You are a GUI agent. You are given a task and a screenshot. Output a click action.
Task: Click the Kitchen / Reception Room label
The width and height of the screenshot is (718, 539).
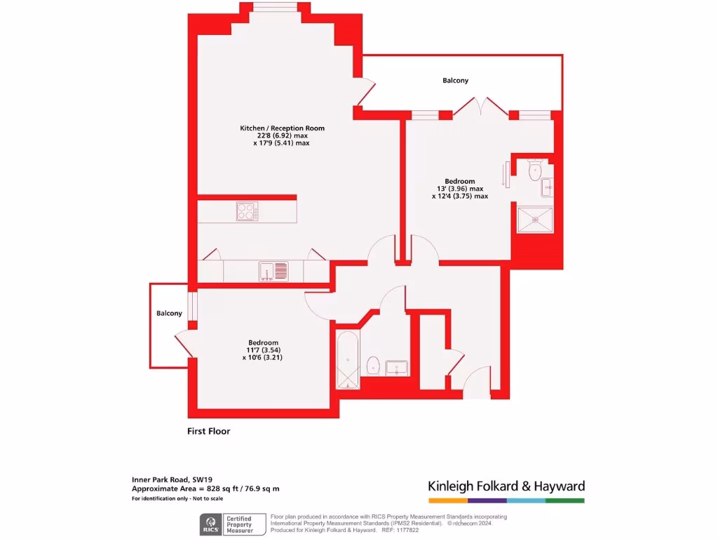coord(282,128)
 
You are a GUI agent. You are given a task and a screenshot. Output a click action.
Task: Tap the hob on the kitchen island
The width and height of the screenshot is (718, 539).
coord(247,211)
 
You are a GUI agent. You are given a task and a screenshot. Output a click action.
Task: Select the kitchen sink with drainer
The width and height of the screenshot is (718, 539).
coord(273,270)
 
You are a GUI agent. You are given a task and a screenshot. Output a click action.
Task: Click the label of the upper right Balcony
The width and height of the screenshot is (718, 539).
coord(455,81)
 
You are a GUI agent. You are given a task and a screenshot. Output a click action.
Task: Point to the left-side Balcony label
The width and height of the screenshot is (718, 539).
coord(169,313)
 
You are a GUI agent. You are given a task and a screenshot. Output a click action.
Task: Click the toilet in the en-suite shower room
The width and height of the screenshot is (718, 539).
coord(536,168)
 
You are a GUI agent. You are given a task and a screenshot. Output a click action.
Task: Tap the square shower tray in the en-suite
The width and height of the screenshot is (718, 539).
coord(534,218)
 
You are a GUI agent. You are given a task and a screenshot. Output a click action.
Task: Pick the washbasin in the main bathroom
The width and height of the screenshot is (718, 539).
coord(398,367)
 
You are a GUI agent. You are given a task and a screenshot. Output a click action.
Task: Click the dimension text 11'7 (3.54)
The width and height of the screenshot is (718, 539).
coord(263,350)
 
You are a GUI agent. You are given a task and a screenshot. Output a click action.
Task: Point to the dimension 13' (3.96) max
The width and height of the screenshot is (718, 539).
coord(459,189)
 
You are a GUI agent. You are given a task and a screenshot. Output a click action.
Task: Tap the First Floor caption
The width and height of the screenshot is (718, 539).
coord(208,431)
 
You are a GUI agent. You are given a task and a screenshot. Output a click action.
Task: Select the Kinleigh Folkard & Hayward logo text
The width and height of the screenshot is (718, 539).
coord(506,486)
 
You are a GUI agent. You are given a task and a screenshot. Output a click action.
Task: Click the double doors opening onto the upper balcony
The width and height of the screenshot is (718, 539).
coord(480,107)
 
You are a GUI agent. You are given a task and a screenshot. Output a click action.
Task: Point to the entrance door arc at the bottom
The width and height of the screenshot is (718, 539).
coord(479,382)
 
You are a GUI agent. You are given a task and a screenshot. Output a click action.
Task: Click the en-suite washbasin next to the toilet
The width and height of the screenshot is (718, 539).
coord(547,187)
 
